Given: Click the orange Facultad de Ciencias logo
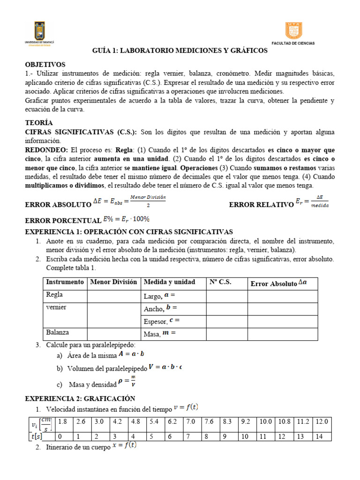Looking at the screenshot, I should tap(293, 31).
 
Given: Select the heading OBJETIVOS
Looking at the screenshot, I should tap(45, 64).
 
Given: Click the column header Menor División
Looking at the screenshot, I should tap(113, 282).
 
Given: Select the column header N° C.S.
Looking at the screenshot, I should tap(220, 282).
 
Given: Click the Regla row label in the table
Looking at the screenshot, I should tap(54, 295).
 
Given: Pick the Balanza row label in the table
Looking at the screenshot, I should tap(57, 332).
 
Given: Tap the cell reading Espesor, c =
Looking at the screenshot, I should tap(162, 321).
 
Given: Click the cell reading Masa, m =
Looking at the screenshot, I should tap(159, 333).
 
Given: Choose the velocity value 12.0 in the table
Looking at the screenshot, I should tap(322, 421).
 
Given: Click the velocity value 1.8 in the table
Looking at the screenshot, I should tap(62, 421).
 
